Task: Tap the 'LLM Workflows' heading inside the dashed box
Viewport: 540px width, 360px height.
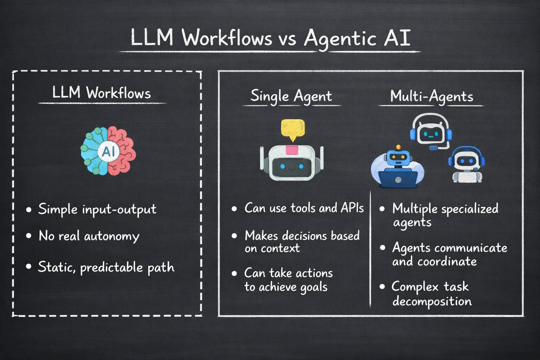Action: (x=102, y=93)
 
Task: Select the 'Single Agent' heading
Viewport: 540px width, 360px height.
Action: (x=291, y=96)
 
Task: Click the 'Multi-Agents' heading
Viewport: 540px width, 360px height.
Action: (x=432, y=96)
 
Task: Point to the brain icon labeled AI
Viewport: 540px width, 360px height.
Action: (x=108, y=151)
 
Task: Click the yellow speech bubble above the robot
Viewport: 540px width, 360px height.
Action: (x=292, y=129)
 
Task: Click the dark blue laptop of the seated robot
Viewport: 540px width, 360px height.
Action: (x=398, y=179)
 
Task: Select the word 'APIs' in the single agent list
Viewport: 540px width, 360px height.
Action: (x=352, y=208)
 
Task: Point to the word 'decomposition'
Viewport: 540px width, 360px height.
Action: (x=432, y=302)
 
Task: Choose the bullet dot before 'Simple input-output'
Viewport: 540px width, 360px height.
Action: (x=29, y=210)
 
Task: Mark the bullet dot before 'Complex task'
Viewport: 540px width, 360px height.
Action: (x=382, y=287)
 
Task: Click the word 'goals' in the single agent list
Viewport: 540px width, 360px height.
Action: (x=314, y=288)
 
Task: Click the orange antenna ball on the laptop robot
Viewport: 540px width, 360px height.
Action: (x=398, y=147)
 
